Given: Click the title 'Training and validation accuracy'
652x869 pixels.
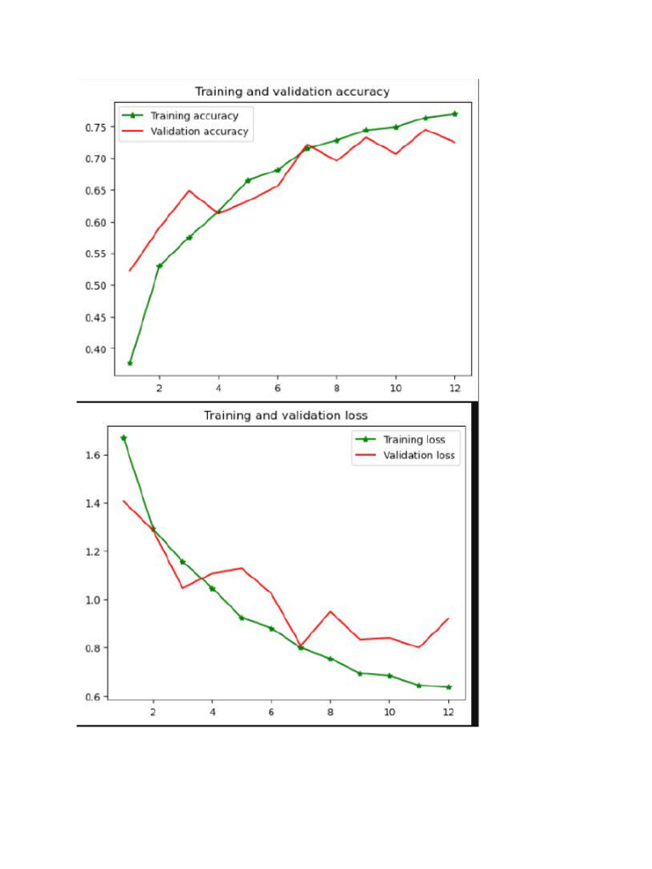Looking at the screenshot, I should coord(292,92).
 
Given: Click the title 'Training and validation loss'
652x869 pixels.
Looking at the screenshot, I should coord(285,415).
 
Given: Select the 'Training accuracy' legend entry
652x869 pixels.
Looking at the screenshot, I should coord(194,115).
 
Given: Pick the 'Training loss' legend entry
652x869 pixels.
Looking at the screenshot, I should coord(413,440).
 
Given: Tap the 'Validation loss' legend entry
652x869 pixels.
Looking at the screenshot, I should coord(419,456).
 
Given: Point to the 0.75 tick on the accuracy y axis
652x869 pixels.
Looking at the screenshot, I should coord(95,127).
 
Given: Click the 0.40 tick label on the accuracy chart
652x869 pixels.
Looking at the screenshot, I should coord(95,349).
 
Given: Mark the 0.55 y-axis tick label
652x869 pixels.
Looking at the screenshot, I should coord(95,254).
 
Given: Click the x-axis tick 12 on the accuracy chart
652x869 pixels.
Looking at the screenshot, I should coord(454,388).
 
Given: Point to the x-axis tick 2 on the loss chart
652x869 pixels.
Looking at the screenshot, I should coord(153,713).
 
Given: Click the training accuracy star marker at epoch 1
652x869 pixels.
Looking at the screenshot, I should coord(130,363).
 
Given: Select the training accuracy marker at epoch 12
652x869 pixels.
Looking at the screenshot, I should coord(455,114).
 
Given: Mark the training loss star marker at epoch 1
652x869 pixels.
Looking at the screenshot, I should coord(123,438).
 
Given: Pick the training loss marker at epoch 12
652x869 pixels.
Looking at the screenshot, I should coord(448,687).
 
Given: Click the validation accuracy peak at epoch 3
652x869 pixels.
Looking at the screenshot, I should coord(189,191).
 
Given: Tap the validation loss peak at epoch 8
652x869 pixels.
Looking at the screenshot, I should coord(330,611).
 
